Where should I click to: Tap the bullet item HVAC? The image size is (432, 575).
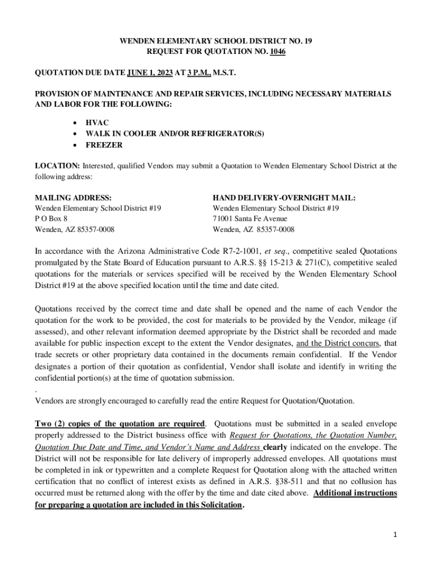(97, 122)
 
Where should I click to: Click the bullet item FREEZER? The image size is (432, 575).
(104, 145)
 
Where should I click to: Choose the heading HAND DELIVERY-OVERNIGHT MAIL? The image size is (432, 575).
(284, 198)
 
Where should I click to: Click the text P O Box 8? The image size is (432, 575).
(52, 218)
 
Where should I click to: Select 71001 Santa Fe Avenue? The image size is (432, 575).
(250, 218)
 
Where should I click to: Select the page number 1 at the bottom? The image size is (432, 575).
(395, 535)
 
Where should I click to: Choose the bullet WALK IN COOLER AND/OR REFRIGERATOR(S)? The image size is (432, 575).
(174, 134)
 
